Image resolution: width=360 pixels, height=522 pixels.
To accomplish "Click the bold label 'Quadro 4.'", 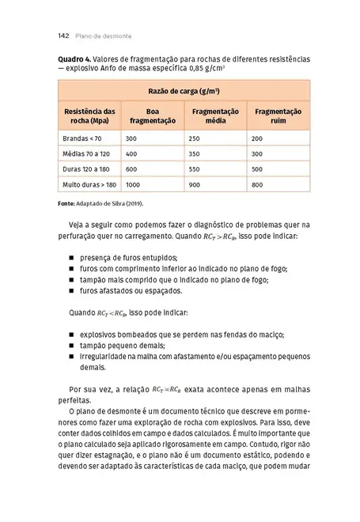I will pos(75,59).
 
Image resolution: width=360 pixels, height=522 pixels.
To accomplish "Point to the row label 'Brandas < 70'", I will pos(81,138).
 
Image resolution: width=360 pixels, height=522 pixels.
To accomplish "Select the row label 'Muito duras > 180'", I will pos(89,184).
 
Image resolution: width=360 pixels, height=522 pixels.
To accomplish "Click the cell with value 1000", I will pos(133,184).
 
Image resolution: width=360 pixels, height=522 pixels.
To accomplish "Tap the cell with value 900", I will pos(194,184).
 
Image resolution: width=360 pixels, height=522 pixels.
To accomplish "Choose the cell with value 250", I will pos(194,138).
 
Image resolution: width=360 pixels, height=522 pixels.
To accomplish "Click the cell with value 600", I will pos(131,169).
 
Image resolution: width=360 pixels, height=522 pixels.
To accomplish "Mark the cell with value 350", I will pos(194,153).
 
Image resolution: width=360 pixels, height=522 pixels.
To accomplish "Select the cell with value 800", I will pos(256,184).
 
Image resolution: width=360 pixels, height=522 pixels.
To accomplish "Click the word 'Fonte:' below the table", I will pos(66,203).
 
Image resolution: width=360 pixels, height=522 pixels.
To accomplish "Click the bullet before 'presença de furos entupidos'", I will pos(71,258).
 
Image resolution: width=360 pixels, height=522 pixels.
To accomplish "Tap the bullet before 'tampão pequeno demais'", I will pos(71,346).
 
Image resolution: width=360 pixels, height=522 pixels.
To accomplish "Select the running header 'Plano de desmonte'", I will pos(104,36).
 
